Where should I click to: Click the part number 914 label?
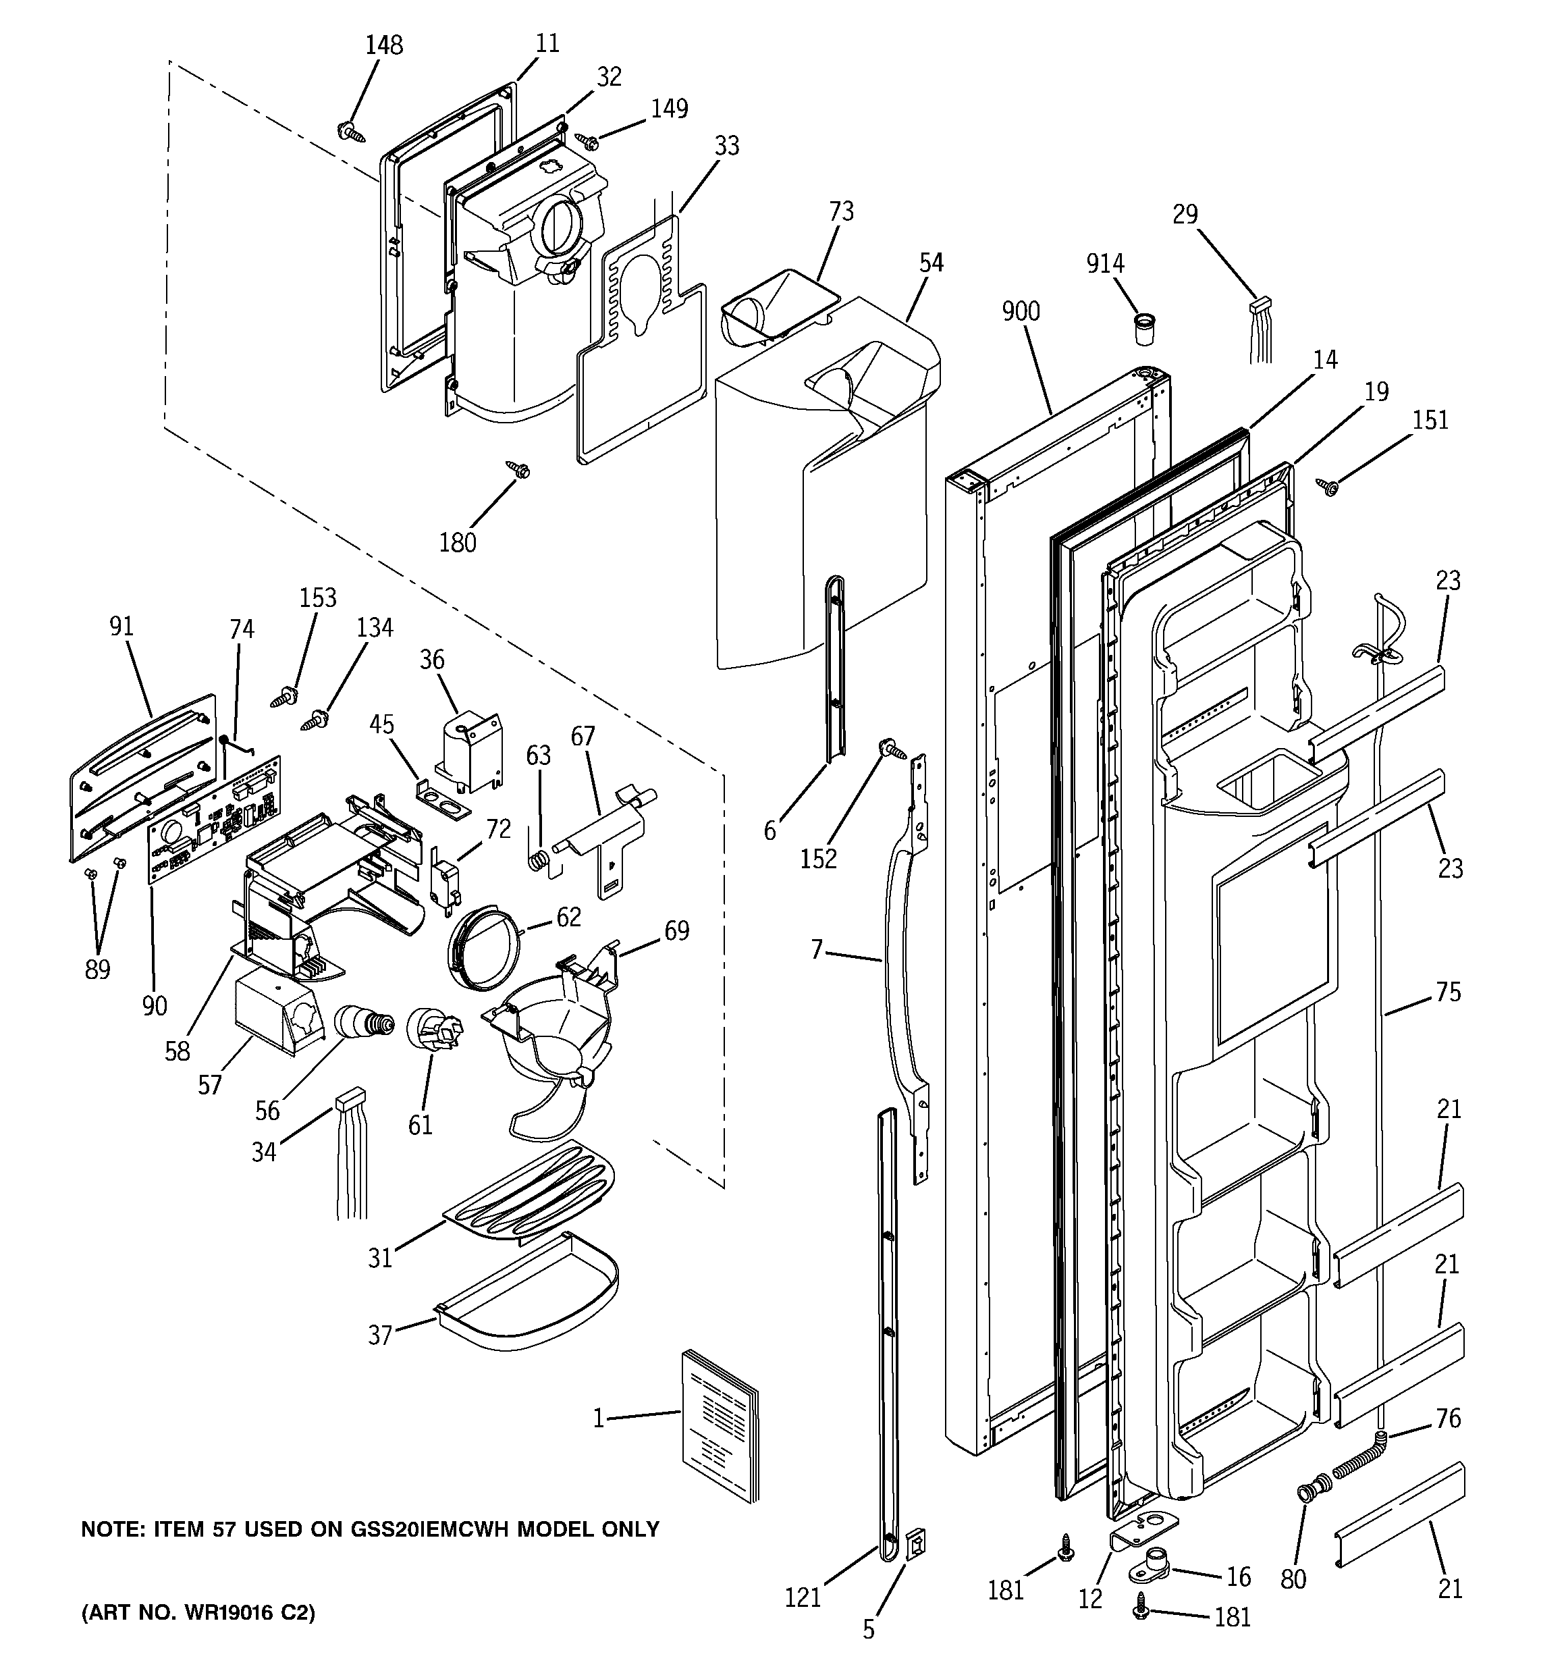click(x=1104, y=264)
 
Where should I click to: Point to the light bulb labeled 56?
click(x=363, y=1022)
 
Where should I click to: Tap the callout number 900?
click(x=1021, y=312)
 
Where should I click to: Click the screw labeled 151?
click(x=1328, y=487)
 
